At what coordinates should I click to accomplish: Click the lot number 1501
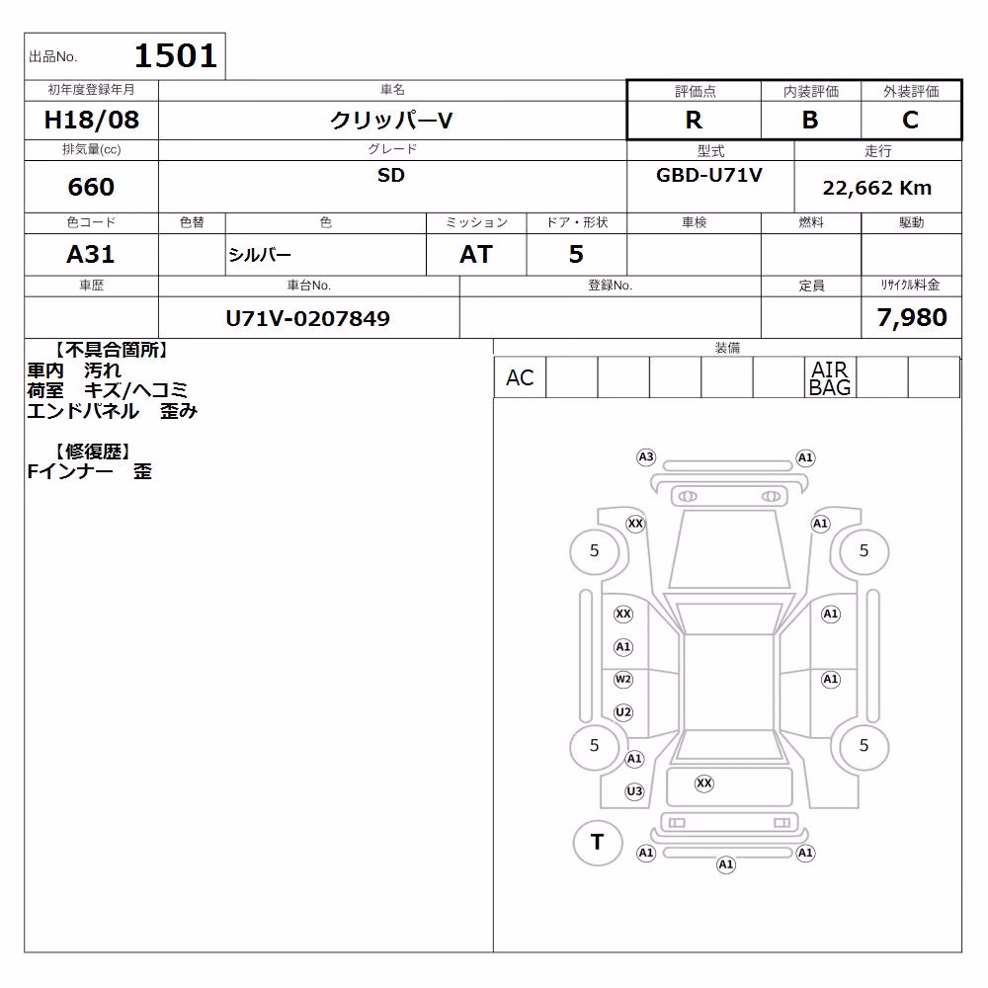176,55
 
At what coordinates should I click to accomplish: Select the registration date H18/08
91,120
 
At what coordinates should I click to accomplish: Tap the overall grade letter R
694,120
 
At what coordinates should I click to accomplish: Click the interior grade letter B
810,120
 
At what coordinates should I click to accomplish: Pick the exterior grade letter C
911,120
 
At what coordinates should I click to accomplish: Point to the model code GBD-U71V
709,175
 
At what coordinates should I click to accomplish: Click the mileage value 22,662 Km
877,188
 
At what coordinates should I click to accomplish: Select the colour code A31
91,255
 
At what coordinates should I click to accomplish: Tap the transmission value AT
476,255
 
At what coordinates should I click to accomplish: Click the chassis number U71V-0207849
308,319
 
